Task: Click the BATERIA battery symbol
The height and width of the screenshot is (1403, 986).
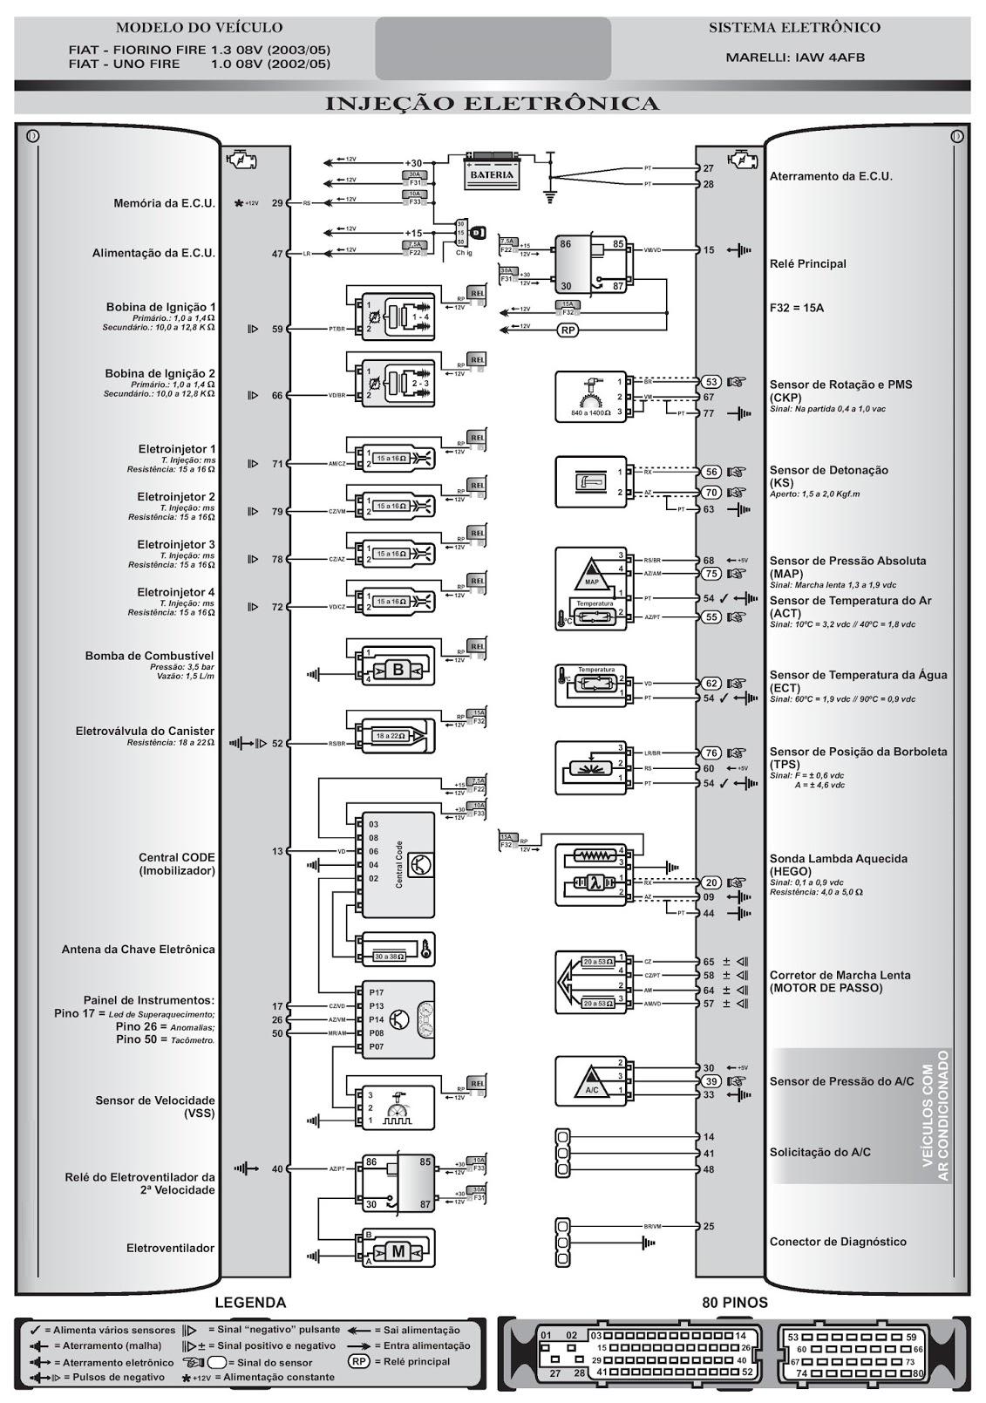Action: (492, 173)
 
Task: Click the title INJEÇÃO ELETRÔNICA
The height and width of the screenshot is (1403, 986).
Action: (493, 104)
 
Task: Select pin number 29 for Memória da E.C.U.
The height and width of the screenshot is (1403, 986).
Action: (277, 203)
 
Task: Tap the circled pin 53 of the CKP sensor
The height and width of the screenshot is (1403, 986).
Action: (711, 382)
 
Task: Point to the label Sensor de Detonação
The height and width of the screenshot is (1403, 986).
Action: (828, 470)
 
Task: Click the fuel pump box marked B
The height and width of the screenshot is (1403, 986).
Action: (398, 670)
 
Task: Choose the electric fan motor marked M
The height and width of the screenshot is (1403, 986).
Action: (398, 1251)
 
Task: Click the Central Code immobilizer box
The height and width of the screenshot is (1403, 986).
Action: (398, 864)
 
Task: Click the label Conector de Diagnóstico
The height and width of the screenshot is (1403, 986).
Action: (837, 1242)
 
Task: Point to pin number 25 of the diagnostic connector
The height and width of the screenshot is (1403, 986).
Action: (709, 1226)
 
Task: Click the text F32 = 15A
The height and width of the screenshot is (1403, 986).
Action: (796, 308)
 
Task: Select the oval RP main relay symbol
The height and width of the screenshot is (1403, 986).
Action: (568, 330)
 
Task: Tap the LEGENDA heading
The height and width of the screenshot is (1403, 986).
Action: (250, 1303)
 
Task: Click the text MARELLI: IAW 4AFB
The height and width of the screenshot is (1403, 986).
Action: (794, 58)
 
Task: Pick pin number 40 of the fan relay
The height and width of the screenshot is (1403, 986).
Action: (277, 1168)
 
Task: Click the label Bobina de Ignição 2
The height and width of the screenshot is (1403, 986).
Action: (160, 373)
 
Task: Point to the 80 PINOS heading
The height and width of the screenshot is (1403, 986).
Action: (734, 1303)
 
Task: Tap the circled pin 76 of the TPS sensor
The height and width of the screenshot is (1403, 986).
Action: (711, 753)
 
